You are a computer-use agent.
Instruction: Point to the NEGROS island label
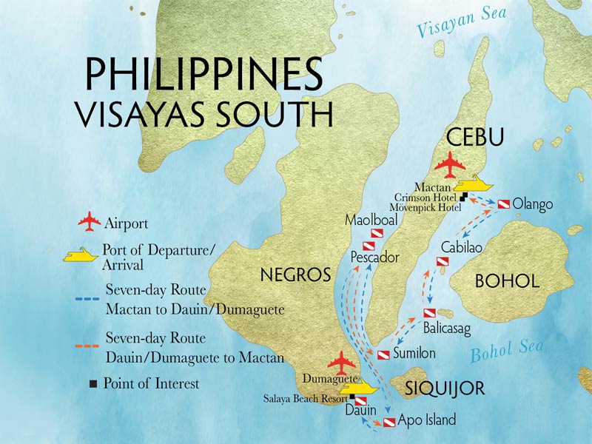(294, 275)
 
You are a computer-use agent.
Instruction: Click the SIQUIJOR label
(444, 388)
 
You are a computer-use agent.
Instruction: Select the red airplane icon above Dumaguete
(341, 363)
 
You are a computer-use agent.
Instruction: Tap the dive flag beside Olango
(503, 203)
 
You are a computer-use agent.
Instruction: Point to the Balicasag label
(447, 326)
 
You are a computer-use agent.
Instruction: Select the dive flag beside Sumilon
(383, 354)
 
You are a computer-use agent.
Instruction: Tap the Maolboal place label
(371, 221)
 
